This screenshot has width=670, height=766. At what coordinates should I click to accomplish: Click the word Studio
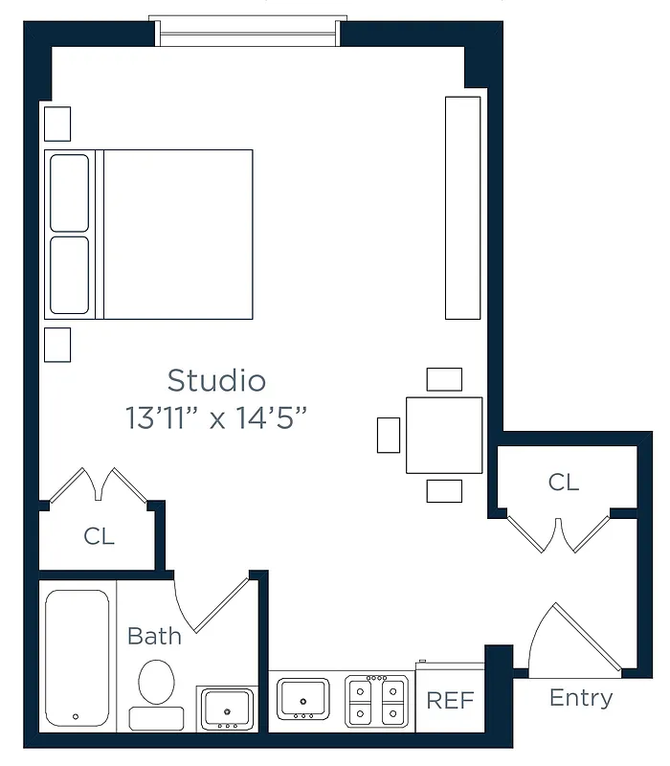tap(216, 380)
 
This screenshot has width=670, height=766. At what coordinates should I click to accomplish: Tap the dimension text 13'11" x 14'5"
tap(216, 418)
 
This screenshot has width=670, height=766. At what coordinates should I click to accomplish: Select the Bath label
tap(154, 636)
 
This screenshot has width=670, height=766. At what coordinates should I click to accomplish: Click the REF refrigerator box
tap(450, 699)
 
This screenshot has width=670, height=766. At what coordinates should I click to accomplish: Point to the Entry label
tap(580, 698)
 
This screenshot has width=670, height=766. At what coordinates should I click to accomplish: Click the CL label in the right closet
tap(563, 482)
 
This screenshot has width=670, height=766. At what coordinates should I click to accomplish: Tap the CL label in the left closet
tap(99, 536)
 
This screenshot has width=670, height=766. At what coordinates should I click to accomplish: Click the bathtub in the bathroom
tap(77, 658)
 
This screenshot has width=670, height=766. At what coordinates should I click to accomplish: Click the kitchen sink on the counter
tap(302, 698)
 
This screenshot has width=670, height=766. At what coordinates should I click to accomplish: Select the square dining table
tap(444, 435)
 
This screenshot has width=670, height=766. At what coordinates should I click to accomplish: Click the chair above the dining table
tap(444, 379)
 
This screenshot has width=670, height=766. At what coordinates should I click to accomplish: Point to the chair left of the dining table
tap(389, 435)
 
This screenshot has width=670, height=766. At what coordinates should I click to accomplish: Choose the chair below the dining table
tap(444, 490)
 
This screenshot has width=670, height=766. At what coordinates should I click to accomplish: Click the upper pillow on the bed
tap(70, 192)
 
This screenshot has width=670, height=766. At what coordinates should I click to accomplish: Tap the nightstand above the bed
tap(57, 123)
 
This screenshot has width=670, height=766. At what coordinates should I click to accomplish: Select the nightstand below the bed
tap(57, 345)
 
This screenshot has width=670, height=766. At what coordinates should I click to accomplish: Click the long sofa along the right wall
tap(463, 207)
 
